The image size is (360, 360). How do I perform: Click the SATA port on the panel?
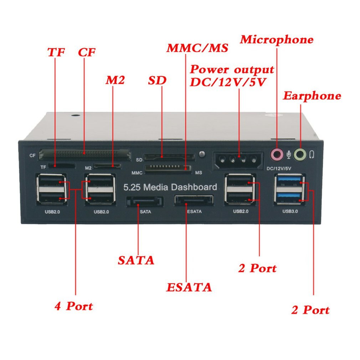144,201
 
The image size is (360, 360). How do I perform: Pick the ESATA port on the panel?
194,200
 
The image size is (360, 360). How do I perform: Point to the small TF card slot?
62,166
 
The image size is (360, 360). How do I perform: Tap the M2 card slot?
107,166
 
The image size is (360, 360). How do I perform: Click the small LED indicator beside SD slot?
202,154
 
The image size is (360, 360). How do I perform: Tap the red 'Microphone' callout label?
277,39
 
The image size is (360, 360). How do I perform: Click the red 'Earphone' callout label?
312,96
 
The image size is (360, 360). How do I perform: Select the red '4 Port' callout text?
73,306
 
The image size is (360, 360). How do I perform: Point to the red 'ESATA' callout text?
189,287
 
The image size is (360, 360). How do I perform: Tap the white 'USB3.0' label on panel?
290,211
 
